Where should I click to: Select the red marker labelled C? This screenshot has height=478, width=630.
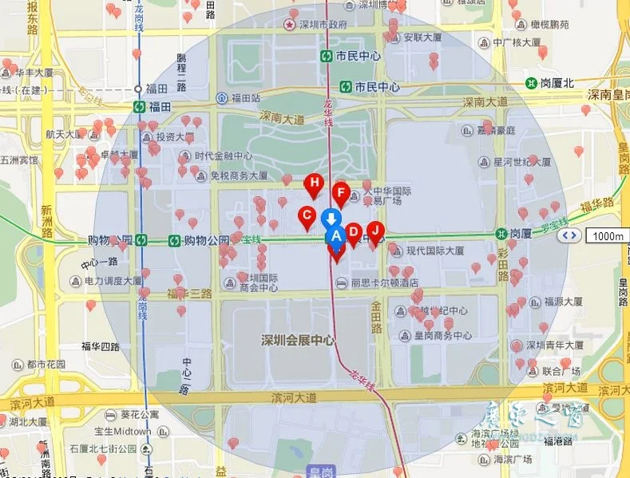(306, 215)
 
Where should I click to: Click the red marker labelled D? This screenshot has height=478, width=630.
(354, 232)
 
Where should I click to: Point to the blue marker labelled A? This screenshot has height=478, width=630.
(335, 235)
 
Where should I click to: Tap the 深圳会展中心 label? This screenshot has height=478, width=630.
(297, 340)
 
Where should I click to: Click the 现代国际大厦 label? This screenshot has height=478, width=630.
(435, 250)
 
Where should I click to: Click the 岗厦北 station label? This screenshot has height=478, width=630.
(557, 82)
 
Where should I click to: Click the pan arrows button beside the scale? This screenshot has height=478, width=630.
(569, 235)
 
